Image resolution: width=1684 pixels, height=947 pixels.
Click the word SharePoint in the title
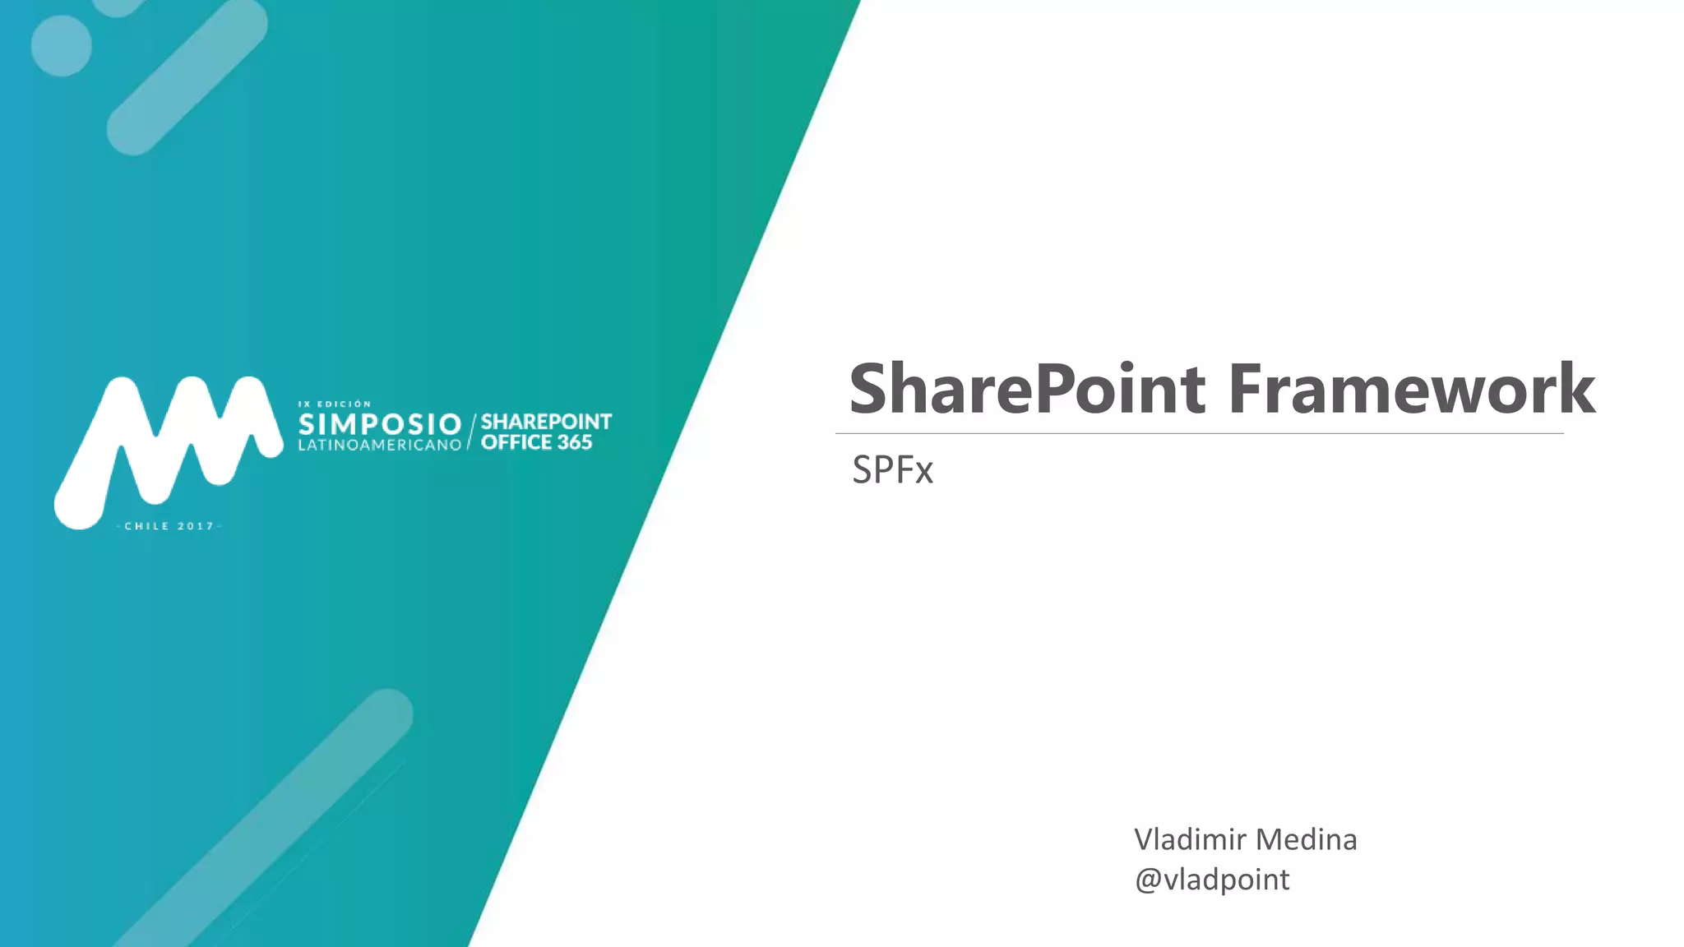point(1028,389)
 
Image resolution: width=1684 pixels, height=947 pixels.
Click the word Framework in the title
point(1411,389)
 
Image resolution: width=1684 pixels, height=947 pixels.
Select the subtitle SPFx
point(892,470)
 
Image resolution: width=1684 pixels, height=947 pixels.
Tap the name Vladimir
point(1190,839)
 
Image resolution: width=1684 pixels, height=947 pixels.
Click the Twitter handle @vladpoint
point(1212,880)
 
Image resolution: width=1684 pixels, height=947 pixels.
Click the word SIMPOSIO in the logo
point(380,424)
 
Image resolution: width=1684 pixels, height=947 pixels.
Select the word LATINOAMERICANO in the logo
point(380,445)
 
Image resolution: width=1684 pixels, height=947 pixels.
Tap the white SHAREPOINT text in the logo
point(546,422)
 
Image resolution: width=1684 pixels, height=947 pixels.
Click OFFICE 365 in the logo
point(536,442)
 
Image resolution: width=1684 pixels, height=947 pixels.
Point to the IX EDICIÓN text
point(335,404)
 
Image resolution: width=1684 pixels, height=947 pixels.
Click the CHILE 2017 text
point(169,526)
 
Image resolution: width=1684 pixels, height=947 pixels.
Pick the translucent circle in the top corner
point(62,46)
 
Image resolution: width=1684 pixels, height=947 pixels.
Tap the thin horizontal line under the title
point(1199,433)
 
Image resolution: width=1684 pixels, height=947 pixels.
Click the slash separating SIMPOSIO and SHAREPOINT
point(471,432)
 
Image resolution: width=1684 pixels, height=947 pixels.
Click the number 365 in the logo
point(575,442)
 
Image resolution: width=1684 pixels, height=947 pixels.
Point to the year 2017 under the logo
point(196,526)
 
